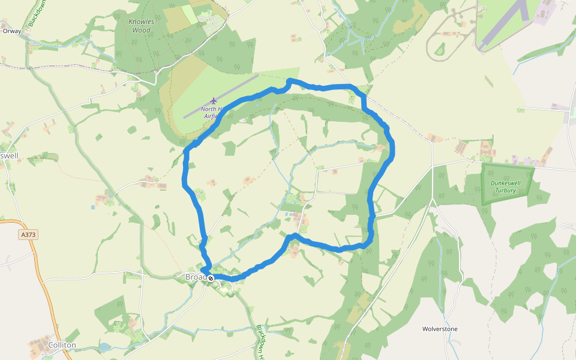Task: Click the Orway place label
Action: coord(12,31)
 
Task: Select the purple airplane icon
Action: coord(213,100)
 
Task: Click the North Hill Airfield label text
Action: coord(211,112)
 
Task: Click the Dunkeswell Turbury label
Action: coord(507,187)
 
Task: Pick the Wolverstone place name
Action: coord(440,329)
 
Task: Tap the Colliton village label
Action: coord(62,345)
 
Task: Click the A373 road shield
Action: coord(28,235)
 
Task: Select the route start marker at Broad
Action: coord(211,278)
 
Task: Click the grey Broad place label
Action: coord(196,277)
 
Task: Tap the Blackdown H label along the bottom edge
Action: coord(261,342)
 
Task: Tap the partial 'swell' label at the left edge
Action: coord(9,156)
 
